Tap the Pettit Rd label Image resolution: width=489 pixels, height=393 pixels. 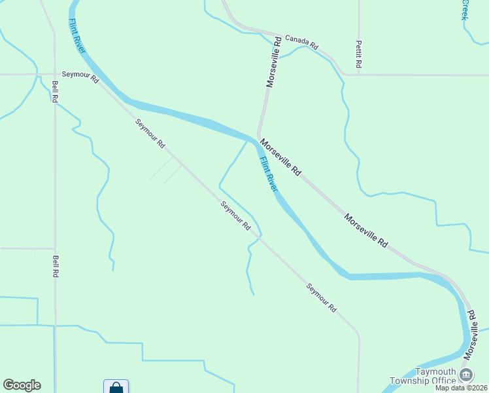pos(358,55)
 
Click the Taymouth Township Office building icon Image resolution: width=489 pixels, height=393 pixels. pos(466,375)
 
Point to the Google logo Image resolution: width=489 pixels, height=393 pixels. pos(22,385)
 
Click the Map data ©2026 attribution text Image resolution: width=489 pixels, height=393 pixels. pos(461,388)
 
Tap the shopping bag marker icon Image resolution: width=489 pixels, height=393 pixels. pos(116,387)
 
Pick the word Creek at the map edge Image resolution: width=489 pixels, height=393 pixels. pos(465,9)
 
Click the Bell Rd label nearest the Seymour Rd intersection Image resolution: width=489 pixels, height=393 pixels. pos(55,90)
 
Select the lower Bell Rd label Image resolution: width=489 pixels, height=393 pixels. pos(56,266)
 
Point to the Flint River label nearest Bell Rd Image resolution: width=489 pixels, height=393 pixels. pos(77,37)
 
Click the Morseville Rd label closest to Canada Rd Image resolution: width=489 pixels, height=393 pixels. pos(273,62)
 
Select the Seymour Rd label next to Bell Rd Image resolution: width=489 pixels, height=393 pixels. pos(80,77)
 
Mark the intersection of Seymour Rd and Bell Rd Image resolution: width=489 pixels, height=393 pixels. pos(54,74)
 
